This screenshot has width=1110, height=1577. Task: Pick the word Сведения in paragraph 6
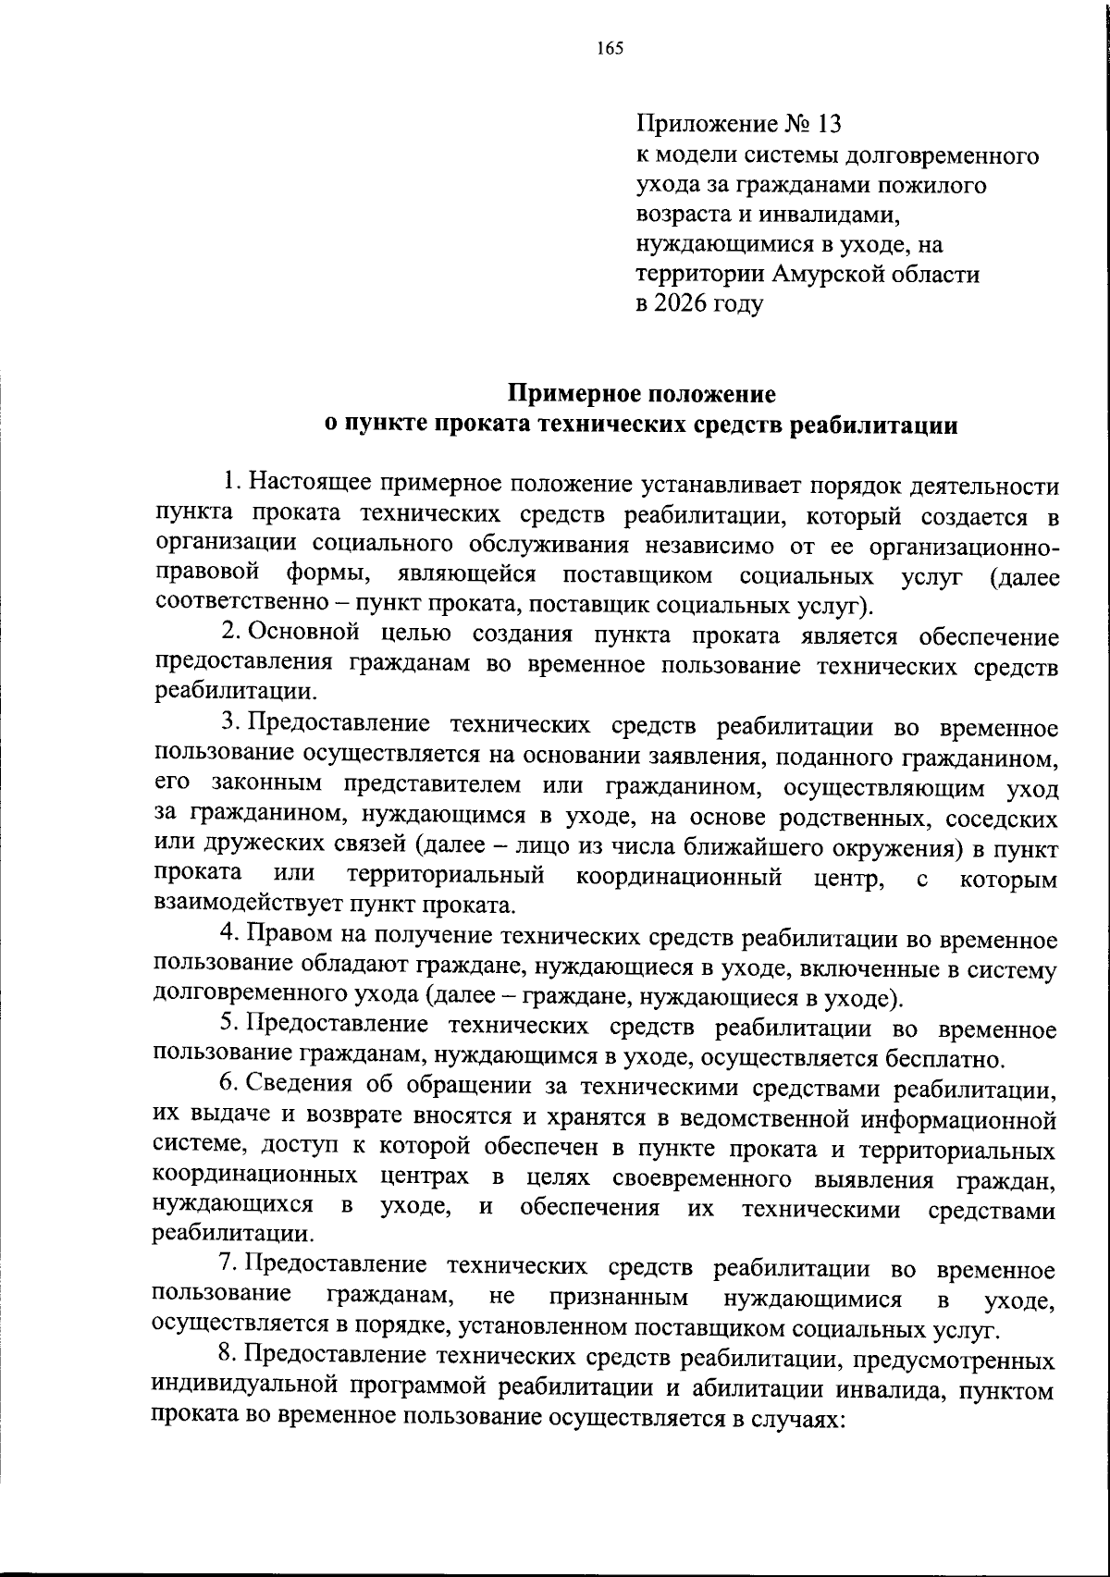(x=300, y=1088)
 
